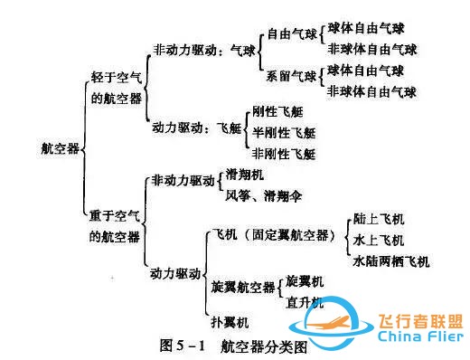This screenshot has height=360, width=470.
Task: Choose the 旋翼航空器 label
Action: pyautogui.click(x=242, y=288)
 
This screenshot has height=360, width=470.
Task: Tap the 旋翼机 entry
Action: pyautogui.click(x=305, y=280)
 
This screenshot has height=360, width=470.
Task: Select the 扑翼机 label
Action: pyautogui.click(x=230, y=321)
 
